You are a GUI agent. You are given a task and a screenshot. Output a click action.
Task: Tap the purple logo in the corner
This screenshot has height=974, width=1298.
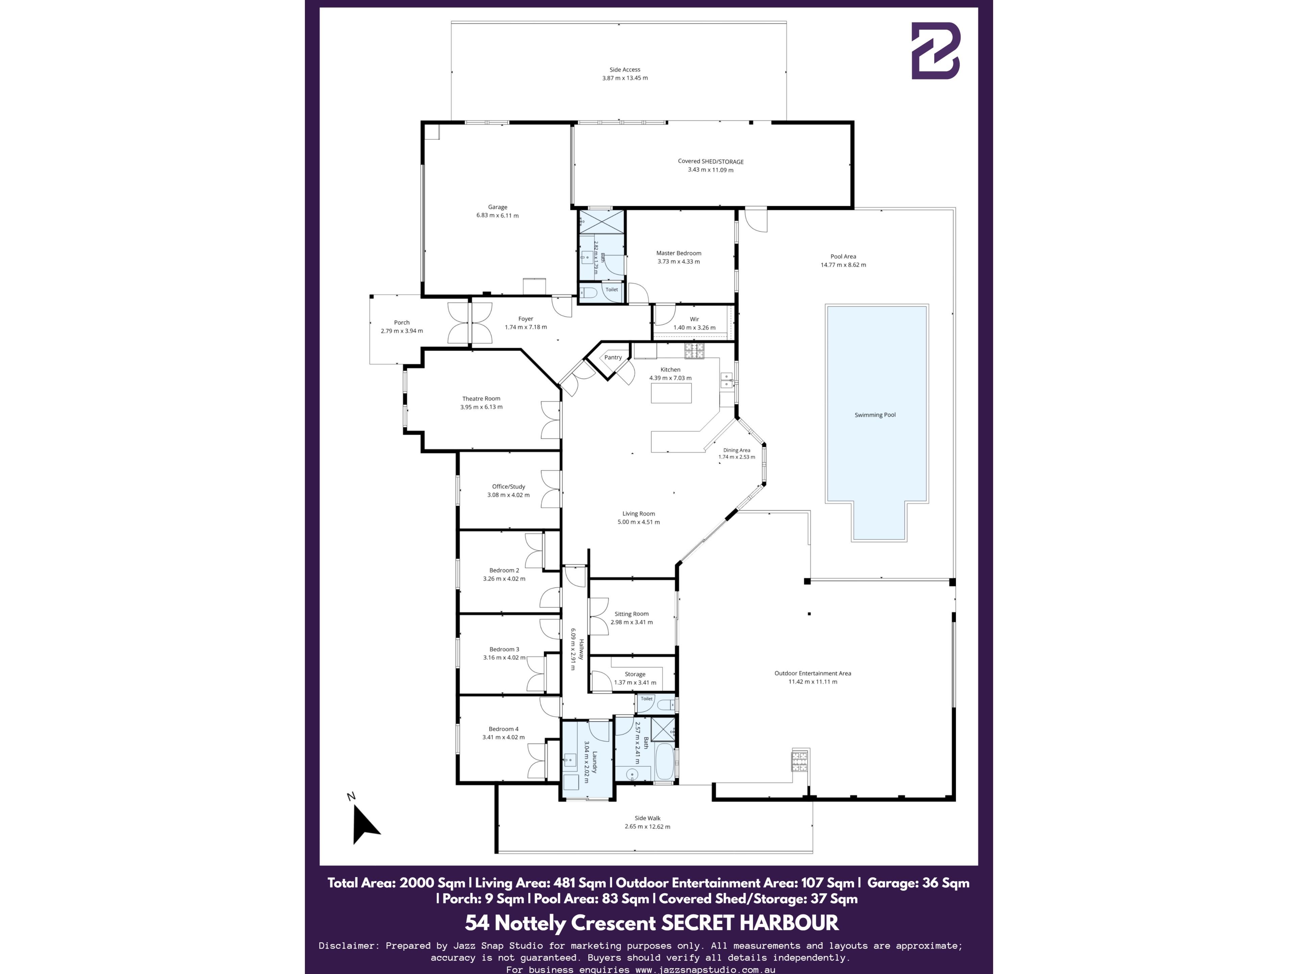935,51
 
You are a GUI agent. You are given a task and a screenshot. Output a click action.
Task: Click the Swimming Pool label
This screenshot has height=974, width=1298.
875,415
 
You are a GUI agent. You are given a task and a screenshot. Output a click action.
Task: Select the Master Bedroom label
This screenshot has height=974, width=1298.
678,253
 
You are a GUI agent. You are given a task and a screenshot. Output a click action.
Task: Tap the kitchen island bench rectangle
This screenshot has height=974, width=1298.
671,393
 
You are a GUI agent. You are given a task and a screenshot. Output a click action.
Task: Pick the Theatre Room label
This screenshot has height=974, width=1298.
481,399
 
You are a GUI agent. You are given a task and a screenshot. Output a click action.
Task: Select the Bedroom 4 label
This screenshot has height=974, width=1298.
503,729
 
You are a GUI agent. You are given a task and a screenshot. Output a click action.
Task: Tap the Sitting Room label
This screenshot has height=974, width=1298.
631,614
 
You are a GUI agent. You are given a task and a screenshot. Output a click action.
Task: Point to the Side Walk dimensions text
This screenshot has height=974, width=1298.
647,827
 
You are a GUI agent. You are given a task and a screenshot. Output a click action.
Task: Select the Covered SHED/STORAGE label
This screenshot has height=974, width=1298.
711,161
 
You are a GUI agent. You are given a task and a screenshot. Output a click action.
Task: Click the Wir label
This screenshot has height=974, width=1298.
694,319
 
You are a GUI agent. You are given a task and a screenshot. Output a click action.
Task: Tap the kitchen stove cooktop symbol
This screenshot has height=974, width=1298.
694,351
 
